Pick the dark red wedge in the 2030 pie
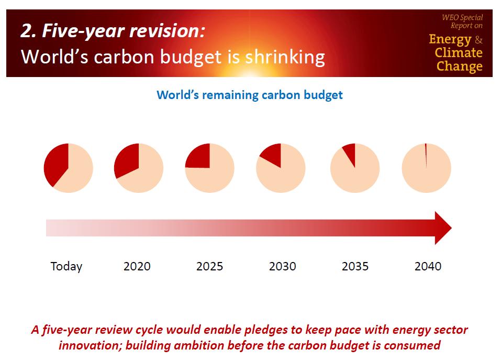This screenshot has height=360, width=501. [272, 154]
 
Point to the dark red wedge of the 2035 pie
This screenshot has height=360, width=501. [350, 153]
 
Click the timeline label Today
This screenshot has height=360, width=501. [66, 266]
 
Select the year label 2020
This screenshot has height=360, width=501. [137, 266]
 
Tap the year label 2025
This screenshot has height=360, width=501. [209, 266]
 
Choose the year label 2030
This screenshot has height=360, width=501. [283, 266]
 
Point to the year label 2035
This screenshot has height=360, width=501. [355, 266]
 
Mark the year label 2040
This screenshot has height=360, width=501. [428, 266]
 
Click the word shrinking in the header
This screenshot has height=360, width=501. [285, 57]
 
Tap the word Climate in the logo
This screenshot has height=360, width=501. [459, 53]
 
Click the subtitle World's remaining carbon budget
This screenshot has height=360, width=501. [250, 95]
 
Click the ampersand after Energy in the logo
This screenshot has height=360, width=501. [478, 40]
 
